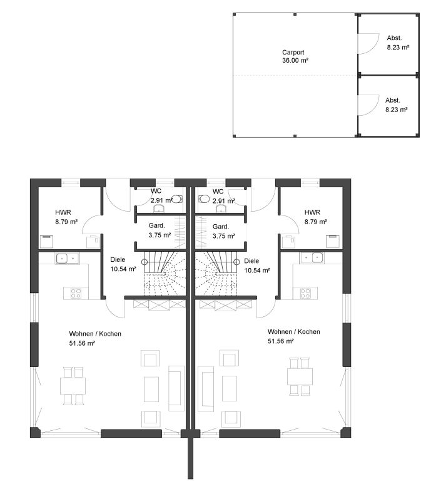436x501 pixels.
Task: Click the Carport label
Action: (x=293, y=52)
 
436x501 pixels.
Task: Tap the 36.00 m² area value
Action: (x=295, y=60)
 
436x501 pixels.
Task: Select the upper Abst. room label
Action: (x=394, y=38)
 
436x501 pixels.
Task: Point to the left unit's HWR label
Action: (x=63, y=212)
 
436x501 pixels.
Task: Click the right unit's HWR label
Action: (x=312, y=212)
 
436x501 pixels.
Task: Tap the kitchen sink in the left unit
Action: (x=68, y=259)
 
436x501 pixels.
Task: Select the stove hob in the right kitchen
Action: (x=305, y=293)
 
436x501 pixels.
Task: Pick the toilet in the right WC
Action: (x=204, y=199)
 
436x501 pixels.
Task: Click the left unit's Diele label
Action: (x=118, y=260)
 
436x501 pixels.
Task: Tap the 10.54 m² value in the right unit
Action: (x=257, y=271)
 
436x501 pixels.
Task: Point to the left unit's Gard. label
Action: (x=157, y=225)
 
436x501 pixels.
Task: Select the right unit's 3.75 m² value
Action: (x=224, y=236)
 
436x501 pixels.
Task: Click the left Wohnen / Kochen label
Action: (x=95, y=334)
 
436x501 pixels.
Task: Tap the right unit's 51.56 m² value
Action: (x=281, y=341)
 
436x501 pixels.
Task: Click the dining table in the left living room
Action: (x=73, y=386)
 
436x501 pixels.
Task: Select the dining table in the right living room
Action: (x=300, y=377)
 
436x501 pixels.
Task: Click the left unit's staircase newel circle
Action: (x=144, y=262)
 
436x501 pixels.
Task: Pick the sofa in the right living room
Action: (x=206, y=389)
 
